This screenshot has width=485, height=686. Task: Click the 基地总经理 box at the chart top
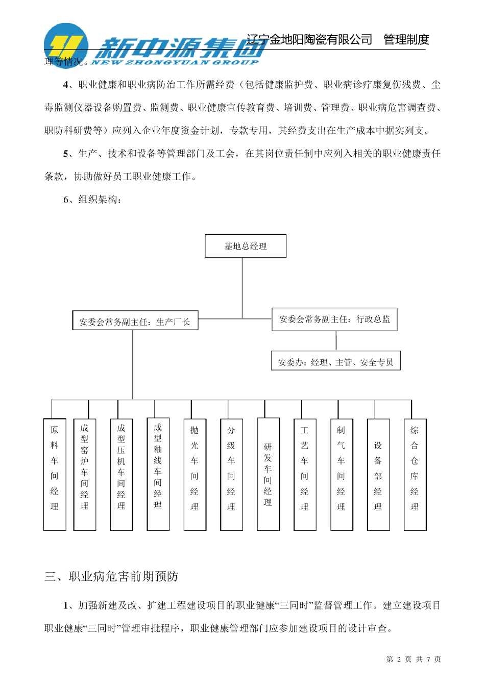pos(245,246)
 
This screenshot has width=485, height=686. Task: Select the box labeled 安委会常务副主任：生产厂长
pos(135,322)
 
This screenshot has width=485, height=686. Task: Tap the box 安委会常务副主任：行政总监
pos(334,319)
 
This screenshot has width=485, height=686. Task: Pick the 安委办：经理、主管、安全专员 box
pos(335,362)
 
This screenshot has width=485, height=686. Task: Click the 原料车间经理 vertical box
pos(55,474)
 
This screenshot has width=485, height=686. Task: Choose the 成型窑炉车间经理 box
pos(85,474)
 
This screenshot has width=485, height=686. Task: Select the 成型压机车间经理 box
pos(121,474)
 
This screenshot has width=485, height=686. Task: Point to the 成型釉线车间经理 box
pos(158,474)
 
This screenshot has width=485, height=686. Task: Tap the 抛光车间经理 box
pos(195,474)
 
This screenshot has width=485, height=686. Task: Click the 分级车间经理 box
pos(231,474)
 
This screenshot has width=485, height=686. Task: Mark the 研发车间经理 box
pos(268,474)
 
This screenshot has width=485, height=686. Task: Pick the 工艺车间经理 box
pos(305,474)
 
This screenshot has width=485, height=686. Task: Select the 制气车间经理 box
pos(341,474)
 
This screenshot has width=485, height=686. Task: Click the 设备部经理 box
pos(378,474)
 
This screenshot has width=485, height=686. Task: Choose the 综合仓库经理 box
pos(415,474)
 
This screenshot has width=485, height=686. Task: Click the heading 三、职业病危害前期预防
pos(111,577)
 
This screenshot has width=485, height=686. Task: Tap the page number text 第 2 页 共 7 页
pos(414,659)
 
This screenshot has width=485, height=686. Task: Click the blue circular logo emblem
pos(66,45)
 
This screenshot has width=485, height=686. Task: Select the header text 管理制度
pos(406,40)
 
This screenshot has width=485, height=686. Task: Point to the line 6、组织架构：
pos(92,200)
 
